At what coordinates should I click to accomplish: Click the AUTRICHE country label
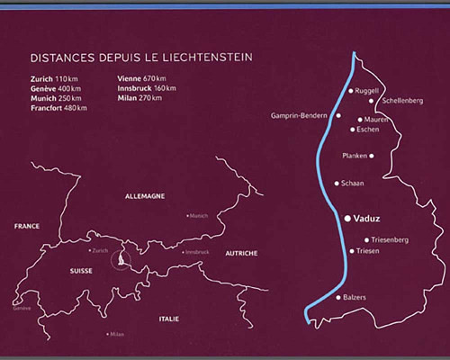(241, 253)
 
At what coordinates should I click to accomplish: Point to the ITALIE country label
(168, 319)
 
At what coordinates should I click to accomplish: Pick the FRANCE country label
(26, 227)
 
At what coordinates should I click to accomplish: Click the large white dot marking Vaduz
(346, 218)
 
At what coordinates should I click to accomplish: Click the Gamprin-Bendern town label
(302, 116)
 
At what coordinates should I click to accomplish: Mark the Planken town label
(355, 156)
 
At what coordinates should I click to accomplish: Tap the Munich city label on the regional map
(199, 216)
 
